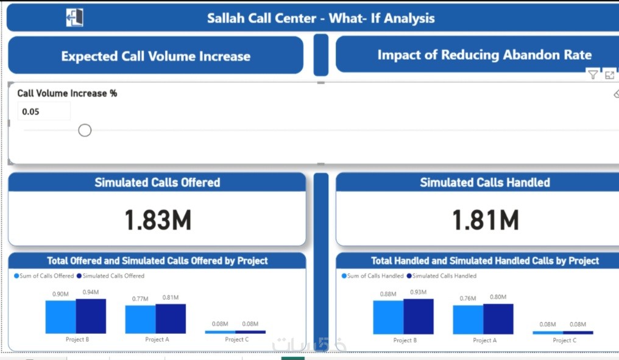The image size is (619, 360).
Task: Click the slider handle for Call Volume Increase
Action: [85, 130]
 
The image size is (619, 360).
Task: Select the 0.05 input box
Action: [44, 111]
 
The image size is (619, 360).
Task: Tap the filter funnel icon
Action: [593, 74]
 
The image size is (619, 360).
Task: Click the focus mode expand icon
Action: [609, 74]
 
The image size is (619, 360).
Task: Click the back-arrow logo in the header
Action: [74, 18]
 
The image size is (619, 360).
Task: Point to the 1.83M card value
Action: [158, 220]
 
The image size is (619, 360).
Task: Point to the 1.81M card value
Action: [485, 220]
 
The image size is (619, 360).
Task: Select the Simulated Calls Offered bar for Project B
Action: [91, 316]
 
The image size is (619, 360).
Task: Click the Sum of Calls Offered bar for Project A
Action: [141, 319]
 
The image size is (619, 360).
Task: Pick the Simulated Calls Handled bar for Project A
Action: [498, 319]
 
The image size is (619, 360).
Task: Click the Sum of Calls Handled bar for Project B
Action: [389, 317]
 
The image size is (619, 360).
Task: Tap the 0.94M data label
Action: [91, 292]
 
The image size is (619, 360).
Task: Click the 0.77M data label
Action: [140, 299]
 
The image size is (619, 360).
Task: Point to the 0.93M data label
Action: [418, 292]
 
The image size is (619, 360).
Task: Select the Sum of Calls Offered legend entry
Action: [44, 276]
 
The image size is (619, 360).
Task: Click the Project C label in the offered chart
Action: [237, 339]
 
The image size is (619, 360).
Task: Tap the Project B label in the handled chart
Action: [405, 341]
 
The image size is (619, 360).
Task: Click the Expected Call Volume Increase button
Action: [155, 55]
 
